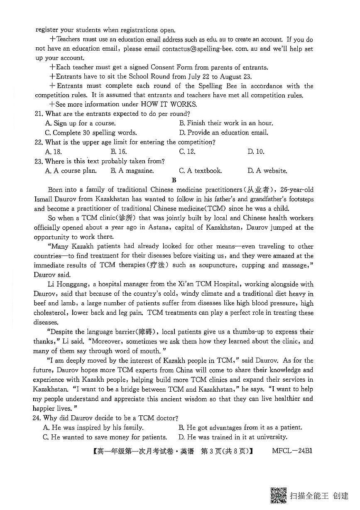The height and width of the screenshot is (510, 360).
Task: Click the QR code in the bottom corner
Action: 278,495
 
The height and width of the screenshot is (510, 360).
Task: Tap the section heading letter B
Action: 174,180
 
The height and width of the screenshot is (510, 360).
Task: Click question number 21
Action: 39,114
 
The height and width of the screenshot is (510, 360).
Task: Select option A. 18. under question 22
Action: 53,152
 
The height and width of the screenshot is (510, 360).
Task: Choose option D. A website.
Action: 267,171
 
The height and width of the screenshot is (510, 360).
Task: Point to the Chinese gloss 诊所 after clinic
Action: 125,218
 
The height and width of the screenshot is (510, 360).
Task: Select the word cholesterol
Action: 51,313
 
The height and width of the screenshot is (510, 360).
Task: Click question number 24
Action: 39,418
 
